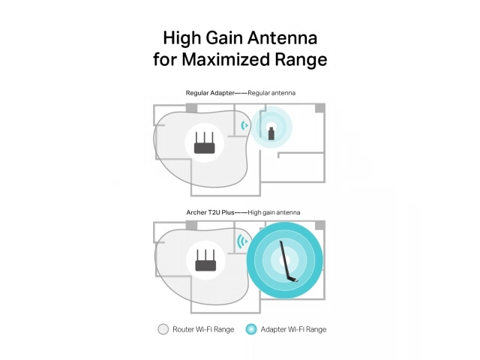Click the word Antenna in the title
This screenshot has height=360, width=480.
(282, 38)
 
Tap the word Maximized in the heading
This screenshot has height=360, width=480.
(226, 59)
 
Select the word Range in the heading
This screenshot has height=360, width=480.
(301, 60)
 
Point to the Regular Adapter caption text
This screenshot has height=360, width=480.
(210, 93)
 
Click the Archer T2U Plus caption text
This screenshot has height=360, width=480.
(210, 212)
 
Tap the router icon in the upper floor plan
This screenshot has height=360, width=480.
(205, 142)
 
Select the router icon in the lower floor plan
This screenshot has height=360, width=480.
(205, 260)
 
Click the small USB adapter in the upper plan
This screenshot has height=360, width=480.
(271, 133)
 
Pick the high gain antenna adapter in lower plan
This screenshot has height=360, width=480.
(288, 262)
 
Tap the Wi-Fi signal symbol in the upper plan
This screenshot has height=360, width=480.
(244, 125)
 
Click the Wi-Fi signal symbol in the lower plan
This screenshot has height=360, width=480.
(242, 241)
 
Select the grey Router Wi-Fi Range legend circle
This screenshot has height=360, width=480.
(163, 329)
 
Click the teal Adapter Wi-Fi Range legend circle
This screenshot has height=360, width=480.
(251, 329)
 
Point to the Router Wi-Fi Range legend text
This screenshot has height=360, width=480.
(203, 329)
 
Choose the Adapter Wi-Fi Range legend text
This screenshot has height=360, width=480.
(293, 329)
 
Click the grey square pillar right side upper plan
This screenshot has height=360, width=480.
(320, 108)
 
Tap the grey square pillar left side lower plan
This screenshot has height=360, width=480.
(192, 226)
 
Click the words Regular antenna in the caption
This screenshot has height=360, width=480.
(271, 93)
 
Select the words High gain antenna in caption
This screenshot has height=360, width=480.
(274, 212)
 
